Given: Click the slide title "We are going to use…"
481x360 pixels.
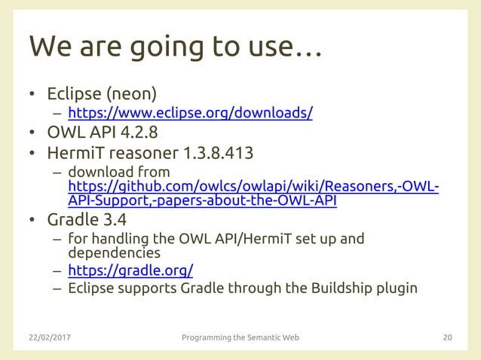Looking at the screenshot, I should point(175,47).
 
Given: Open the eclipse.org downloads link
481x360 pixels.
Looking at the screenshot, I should point(190,114).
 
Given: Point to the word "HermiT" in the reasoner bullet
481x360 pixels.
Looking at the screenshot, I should point(75,154).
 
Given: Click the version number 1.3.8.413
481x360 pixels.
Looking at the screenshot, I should point(219,154).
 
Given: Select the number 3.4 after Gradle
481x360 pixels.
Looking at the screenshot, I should point(116,220).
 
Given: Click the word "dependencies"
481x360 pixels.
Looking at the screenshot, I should point(114,253).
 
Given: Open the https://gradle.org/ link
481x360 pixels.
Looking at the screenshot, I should point(130,270).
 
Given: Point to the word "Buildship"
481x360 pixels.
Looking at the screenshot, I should point(338,288).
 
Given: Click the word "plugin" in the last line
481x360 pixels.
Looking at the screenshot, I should point(396,288).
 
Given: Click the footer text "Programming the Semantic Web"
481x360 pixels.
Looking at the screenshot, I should point(240,337).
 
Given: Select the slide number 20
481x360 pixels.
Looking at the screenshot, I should point(447,337).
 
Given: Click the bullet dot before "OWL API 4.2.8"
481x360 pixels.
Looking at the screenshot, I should point(32,134).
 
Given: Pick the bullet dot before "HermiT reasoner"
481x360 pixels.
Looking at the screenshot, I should point(32,154).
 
